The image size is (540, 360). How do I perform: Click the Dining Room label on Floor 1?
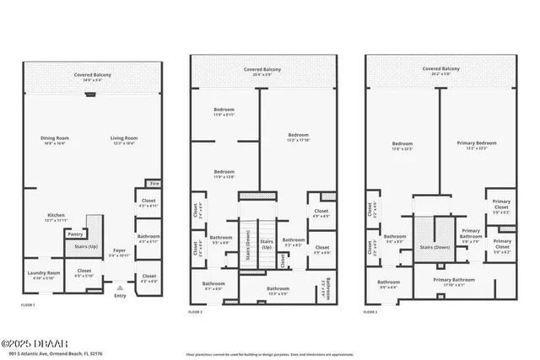click(54, 139)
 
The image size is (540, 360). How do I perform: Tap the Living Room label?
click(124, 139)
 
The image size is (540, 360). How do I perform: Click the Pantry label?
click(75, 235)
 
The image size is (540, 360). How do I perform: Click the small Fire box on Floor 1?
click(154, 183)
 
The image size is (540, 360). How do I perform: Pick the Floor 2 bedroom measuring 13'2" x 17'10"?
click(298, 137)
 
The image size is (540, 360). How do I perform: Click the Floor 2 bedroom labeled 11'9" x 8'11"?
click(224, 111)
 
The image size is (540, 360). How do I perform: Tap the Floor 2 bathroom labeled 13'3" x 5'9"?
click(278, 291)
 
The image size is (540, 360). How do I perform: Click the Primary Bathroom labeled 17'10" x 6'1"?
click(454, 281)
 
